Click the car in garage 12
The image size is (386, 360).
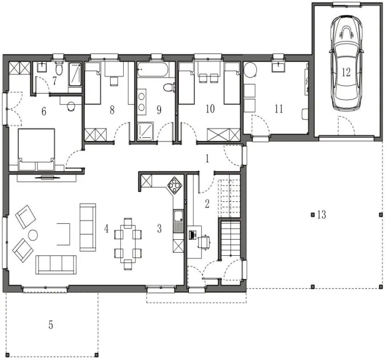(346, 63)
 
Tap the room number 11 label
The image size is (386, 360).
(279, 108)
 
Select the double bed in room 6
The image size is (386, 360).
(37, 149)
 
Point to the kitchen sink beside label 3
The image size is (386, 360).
(178, 221)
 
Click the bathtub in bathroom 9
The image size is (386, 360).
(153, 69)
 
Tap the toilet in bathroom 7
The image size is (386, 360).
(59, 68)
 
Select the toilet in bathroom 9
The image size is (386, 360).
(169, 87)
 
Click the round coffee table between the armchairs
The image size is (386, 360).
(33, 235)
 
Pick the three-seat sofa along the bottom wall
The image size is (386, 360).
(56, 265)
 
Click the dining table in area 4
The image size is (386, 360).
(128, 244)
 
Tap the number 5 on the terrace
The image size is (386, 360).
(50, 325)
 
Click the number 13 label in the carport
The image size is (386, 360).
(321, 215)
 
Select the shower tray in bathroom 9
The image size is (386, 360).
(145, 131)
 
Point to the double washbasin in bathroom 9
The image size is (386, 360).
(141, 102)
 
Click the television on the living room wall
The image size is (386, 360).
(47, 177)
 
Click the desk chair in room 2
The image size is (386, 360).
(204, 242)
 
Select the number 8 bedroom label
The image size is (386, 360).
(112, 110)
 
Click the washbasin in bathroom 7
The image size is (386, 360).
(43, 67)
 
